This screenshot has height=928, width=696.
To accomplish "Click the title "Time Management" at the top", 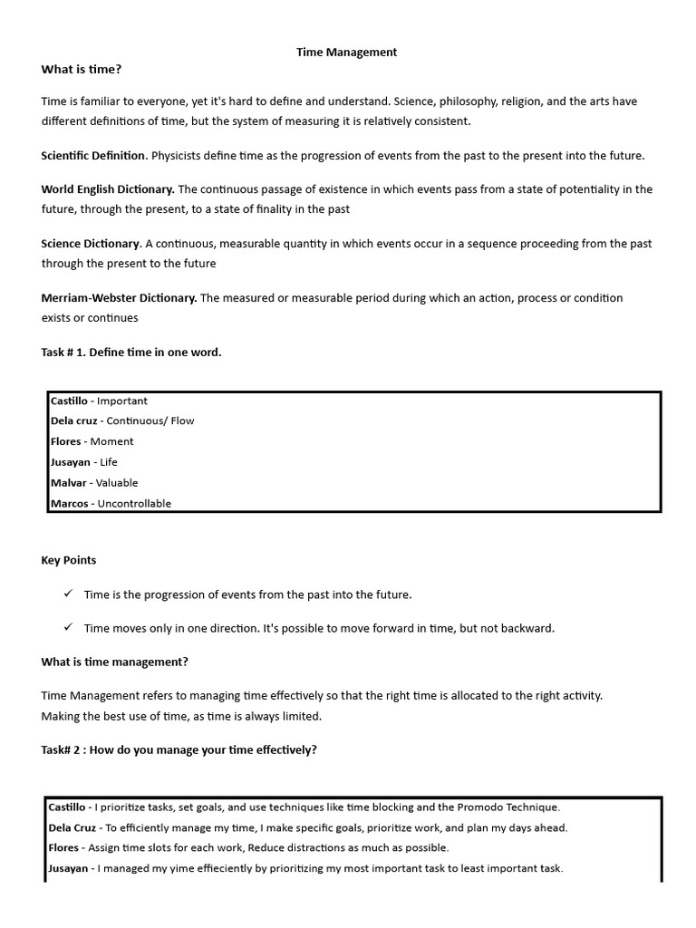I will pyautogui.click(x=347, y=53).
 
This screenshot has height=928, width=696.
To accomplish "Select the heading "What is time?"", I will pyautogui.click(x=82, y=70).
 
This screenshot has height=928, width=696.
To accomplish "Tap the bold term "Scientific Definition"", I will pyautogui.click(x=93, y=156).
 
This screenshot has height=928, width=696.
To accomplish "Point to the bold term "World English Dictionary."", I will pyautogui.click(x=108, y=189).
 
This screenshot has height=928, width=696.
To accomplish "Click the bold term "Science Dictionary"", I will pyautogui.click(x=91, y=244).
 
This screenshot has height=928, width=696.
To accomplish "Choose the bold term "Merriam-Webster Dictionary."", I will pyautogui.click(x=119, y=298).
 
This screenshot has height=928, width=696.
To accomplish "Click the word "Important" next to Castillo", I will pyautogui.click(x=122, y=401).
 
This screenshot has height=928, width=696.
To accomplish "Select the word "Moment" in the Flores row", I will pyautogui.click(x=111, y=441).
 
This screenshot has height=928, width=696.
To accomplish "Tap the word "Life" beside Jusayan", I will pyautogui.click(x=109, y=462).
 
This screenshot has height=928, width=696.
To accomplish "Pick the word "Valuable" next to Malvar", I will pyautogui.click(x=117, y=483).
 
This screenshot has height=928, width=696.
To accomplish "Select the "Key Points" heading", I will pyautogui.click(x=69, y=561).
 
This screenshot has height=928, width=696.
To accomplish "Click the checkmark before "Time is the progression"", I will pyautogui.click(x=68, y=594).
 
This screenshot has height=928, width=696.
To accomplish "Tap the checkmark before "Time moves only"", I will pyautogui.click(x=68, y=627).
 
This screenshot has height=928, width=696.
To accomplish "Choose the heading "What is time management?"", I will pyautogui.click(x=115, y=662).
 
